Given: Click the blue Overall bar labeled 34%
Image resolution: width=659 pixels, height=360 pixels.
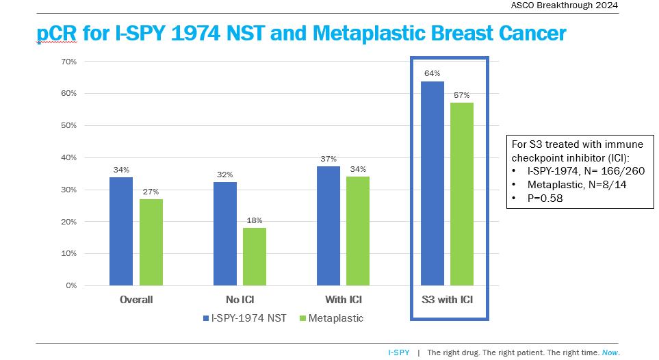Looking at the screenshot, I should pos(121,231).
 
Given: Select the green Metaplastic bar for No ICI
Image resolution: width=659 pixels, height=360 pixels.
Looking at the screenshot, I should pos(255,257).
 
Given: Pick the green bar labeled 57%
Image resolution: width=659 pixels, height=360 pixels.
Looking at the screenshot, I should pos(462,194).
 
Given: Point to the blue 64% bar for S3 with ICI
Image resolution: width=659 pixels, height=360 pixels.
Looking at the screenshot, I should pos(432,183).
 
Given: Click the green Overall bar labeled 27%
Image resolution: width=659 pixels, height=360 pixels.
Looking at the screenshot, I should pos(151,242).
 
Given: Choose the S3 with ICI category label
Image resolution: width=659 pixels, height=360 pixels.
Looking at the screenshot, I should pos(448,300).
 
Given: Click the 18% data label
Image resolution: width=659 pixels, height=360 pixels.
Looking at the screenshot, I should pos(255,220).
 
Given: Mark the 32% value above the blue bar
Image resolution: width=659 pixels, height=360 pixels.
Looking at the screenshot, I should pos(224,175).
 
